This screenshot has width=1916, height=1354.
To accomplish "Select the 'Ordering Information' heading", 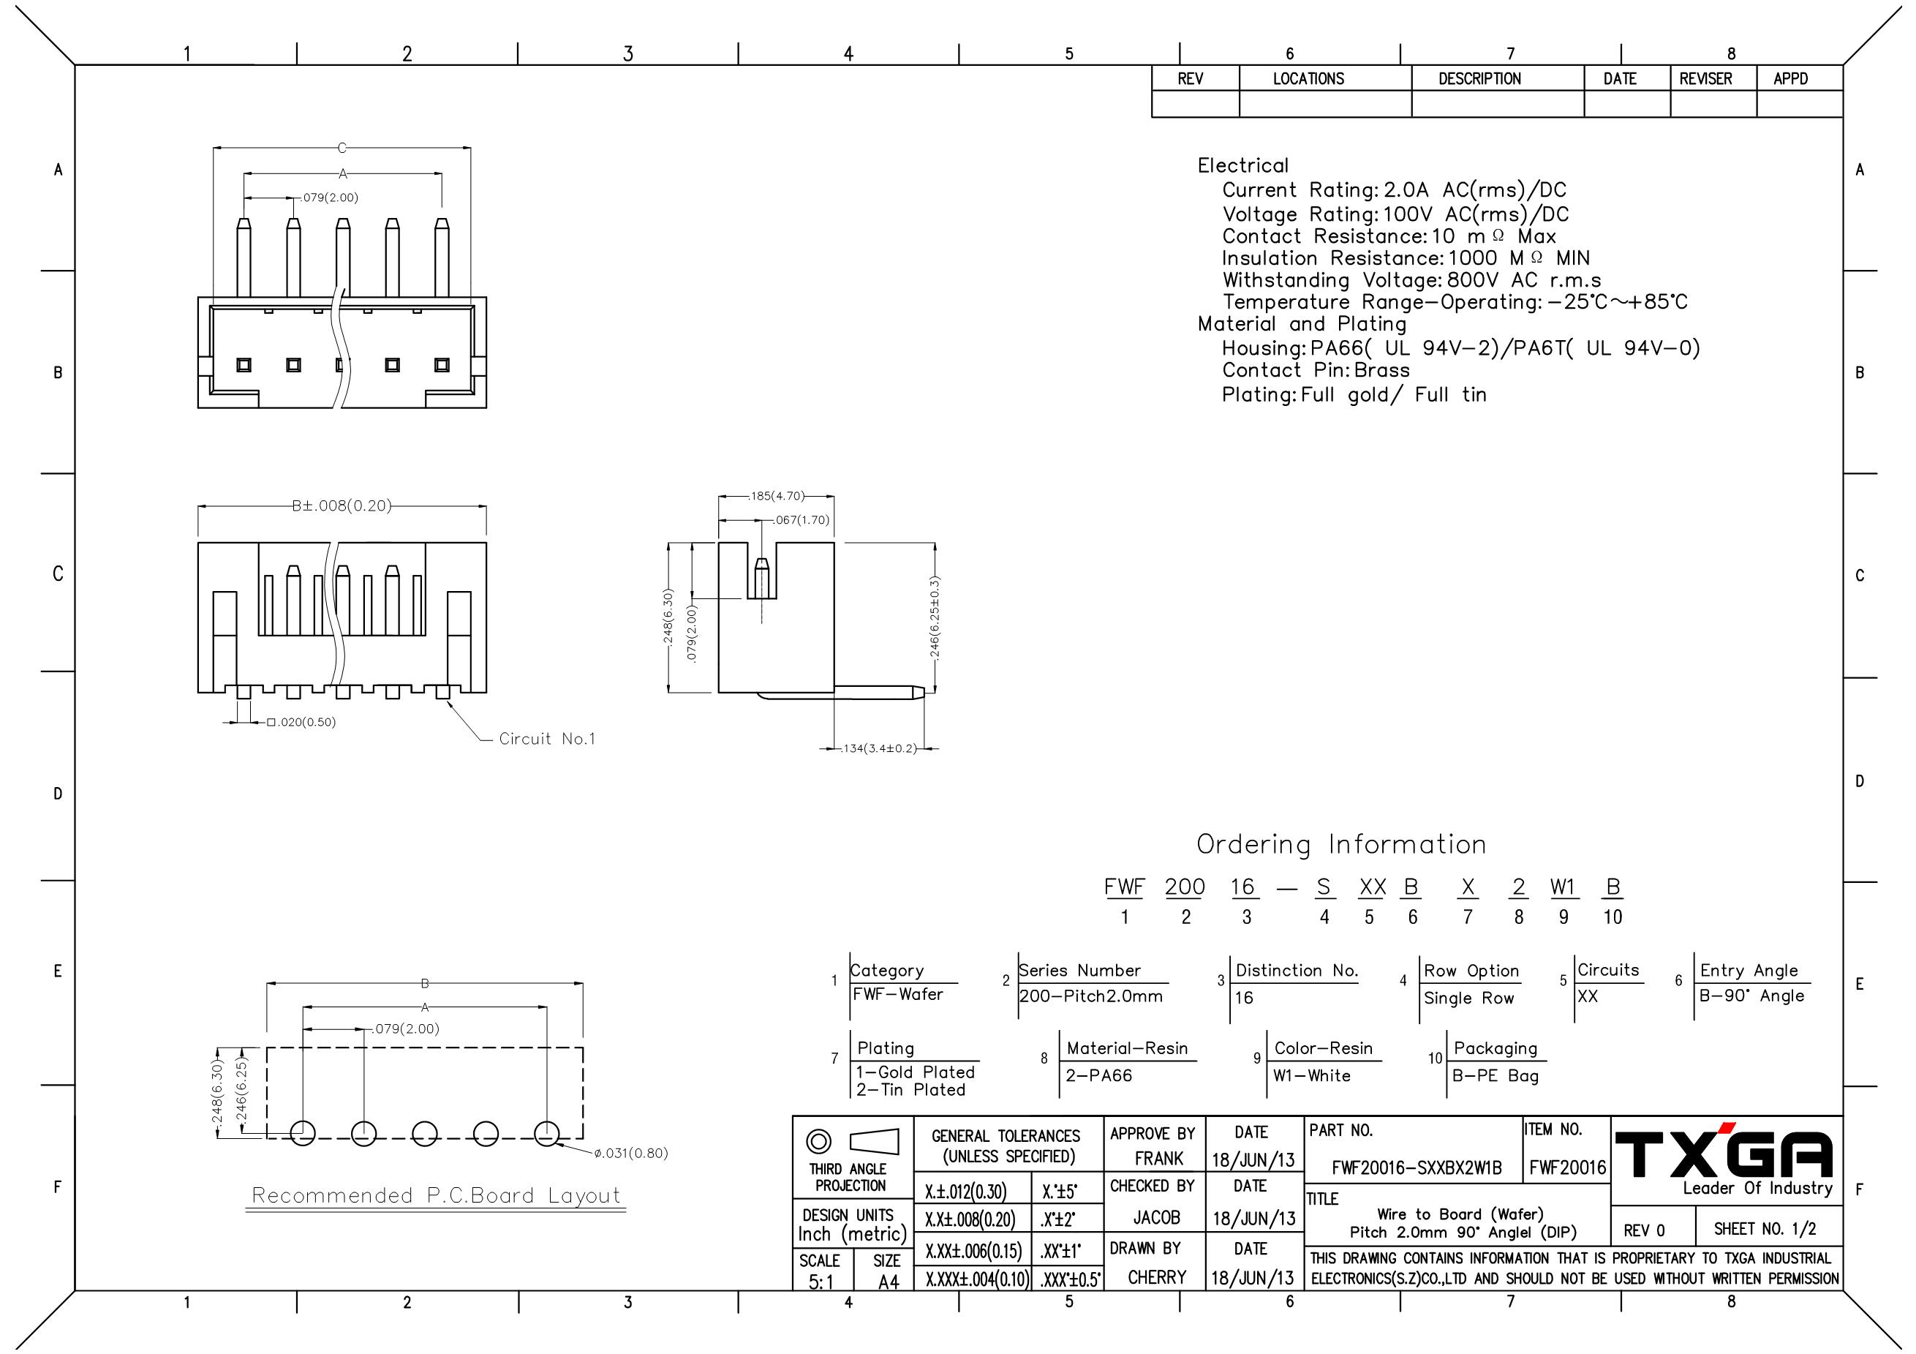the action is [1341, 845].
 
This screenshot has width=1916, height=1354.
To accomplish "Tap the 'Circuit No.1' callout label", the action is [548, 739].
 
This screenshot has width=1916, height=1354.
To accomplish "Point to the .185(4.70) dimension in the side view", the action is [776, 496].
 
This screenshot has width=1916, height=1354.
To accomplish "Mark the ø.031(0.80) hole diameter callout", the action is [631, 1154].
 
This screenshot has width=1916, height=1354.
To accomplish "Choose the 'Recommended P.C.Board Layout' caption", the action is [437, 1195].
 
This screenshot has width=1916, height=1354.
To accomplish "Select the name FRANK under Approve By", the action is [1158, 1159].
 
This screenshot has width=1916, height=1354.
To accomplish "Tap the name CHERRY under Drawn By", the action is [1157, 1277].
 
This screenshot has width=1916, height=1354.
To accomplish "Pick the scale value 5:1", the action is [821, 1282].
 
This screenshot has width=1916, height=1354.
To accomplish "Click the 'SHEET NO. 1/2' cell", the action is [1765, 1229].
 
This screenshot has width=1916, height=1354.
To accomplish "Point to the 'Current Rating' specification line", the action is [1395, 190].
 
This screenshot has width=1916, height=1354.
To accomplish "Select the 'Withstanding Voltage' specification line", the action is [1412, 279].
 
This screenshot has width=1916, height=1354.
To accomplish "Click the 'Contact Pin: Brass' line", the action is [1316, 370].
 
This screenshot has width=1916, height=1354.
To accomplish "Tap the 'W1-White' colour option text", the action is [1312, 1076].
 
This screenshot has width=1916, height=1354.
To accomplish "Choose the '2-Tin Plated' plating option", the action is [910, 1090].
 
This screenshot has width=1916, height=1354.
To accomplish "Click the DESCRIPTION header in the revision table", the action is [1479, 78].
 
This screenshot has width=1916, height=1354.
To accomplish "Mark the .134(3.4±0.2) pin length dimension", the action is [880, 749].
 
